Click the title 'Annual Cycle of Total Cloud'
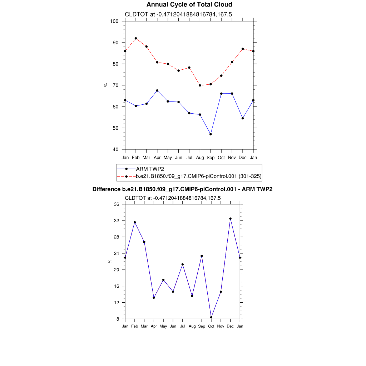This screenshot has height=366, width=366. click(189, 5)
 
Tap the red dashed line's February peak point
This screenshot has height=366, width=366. click(136, 38)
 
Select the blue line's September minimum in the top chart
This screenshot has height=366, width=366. click(211, 134)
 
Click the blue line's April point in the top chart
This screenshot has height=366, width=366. click(157, 90)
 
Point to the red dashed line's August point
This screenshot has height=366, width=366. click(200, 85)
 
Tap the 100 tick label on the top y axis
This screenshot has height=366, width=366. click(114, 21)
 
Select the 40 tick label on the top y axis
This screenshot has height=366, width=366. click(115, 149)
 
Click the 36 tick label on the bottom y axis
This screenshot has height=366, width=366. click(116, 204)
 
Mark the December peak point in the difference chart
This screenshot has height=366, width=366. click(231, 219)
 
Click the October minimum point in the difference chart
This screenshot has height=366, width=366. click(211, 317)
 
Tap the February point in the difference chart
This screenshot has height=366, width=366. click(135, 222)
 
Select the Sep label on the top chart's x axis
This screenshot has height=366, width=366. click(211, 158)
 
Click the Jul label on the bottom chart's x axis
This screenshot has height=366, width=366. click(183, 326)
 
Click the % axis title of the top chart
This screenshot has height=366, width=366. click(106, 85)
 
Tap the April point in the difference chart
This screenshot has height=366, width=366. click(154, 298)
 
